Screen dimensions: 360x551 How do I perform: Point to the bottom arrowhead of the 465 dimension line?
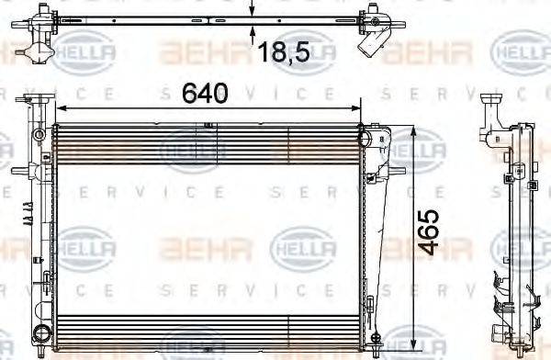[x=419, y=336]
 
